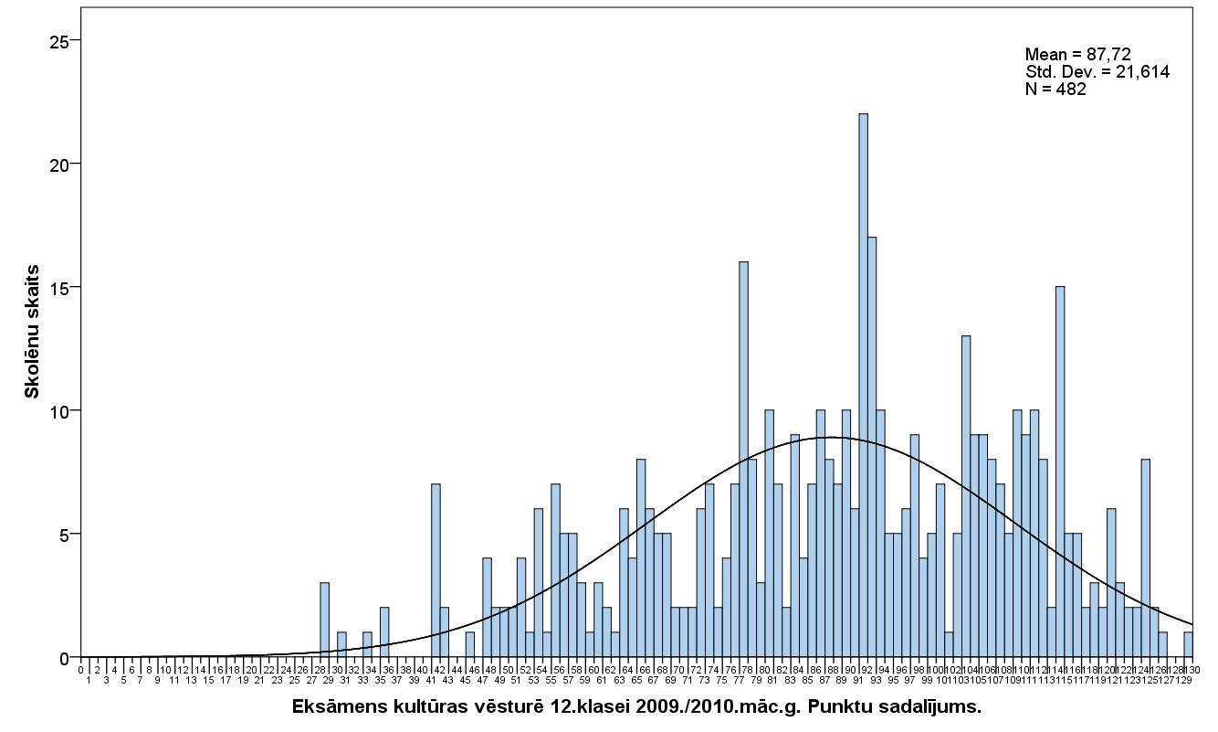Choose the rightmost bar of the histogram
1188,644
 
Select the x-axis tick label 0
81,670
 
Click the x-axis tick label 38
405,670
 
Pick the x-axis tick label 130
1192,670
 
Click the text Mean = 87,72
1077,55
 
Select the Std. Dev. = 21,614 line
1097,71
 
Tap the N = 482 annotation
1055,89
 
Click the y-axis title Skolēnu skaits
32,331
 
